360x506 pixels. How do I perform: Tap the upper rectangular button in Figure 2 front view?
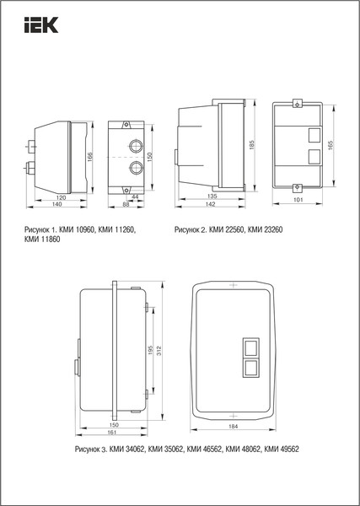(x=314, y=133)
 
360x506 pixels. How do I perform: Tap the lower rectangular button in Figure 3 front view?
(x=251, y=367)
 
